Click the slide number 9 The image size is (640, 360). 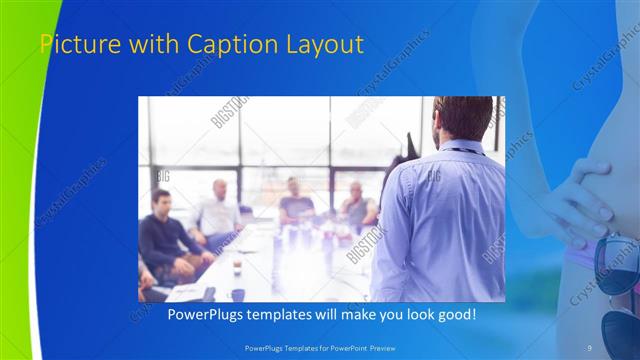(x=590, y=347)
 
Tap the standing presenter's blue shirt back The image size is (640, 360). (x=440, y=220)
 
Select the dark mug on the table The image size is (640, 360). (x=238, y=294)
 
